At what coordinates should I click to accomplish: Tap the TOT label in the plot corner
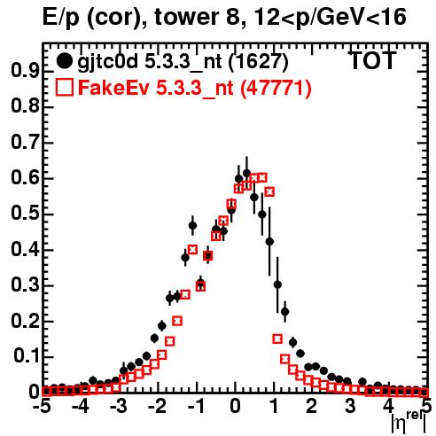click(372, 60)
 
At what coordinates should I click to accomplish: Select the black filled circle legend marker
click(64, 61)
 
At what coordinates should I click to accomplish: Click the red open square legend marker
click(64, 88)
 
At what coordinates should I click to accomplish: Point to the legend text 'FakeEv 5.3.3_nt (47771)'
click(195, 88)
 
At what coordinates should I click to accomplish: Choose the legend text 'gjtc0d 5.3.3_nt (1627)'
click(183, 62)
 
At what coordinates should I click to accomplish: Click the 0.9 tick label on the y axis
click(25, 71)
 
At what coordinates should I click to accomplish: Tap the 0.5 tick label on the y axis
click(25, 214)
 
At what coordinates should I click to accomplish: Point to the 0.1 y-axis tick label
click(27, 357)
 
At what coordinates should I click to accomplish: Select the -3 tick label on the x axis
click(119, 407)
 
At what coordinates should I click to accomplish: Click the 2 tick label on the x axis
click(312, 407)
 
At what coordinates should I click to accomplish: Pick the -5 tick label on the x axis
click(43, 407)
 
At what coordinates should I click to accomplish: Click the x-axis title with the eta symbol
click(409, 423)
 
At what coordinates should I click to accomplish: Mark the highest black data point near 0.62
click(246, 173)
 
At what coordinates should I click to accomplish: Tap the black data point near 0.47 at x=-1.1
click(192, 226)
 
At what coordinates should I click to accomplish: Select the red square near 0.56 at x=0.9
click(269, 191)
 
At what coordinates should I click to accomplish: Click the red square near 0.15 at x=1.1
click(277, 339)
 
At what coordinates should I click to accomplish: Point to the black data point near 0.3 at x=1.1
click(277, 284)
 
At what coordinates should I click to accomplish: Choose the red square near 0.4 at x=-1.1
click(192, 249)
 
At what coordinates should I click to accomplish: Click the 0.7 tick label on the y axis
click(25, 143)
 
